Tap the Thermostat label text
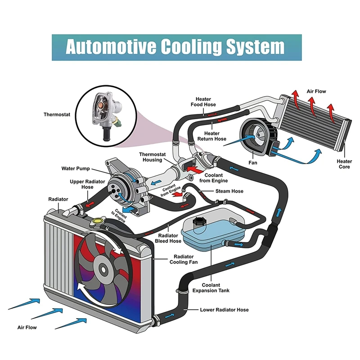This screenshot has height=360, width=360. coord(57,115)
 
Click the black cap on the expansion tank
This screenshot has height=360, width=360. coord(199,222)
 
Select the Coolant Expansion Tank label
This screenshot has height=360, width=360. coord(211,288)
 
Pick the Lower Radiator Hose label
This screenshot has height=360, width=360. coord(224,310)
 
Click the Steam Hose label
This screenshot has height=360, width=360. coord(231,191)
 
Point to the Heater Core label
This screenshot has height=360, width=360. coord(344,164)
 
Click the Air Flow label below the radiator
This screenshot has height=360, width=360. coord(27,328)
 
